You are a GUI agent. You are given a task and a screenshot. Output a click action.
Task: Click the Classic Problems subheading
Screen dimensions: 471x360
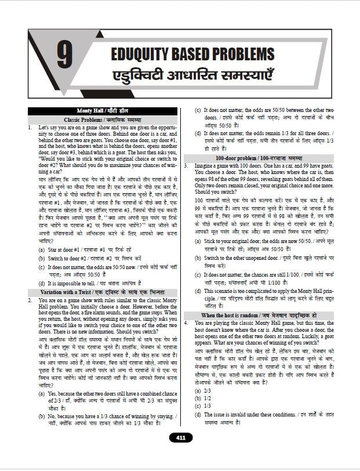coord(103,119)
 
